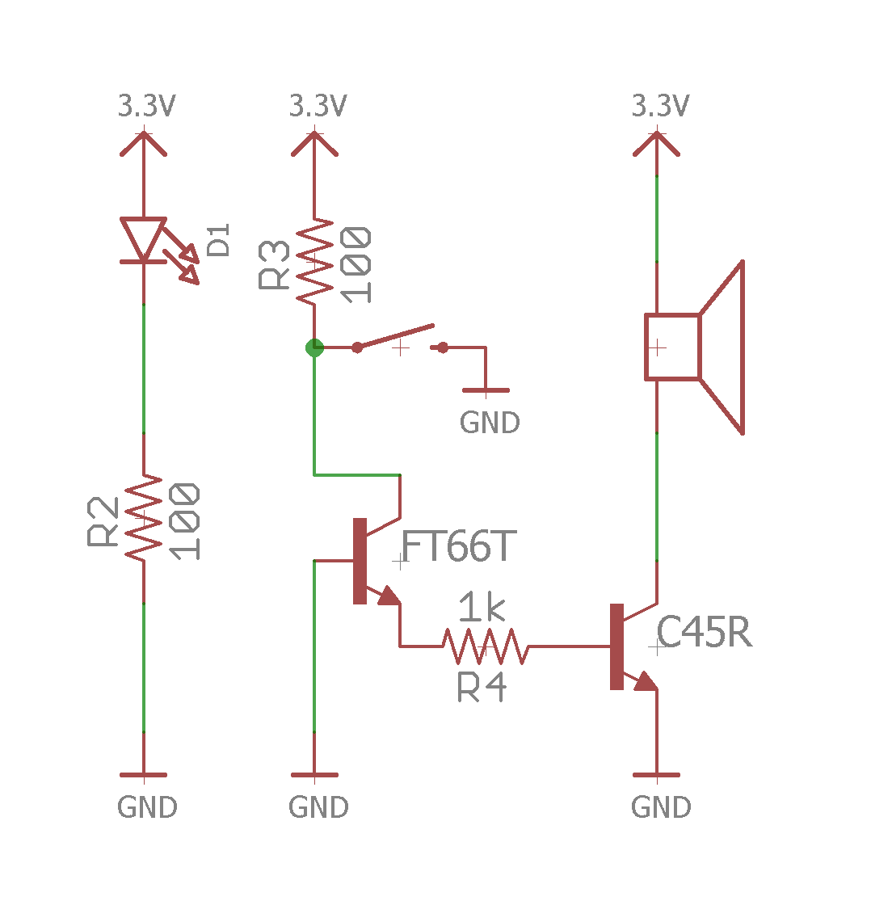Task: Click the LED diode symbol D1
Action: click(144, 240)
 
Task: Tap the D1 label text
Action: click(219, 240)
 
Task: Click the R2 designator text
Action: click(103, 522)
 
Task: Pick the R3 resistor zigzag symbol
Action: click(314, 261)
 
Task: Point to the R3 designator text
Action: click(275, 265)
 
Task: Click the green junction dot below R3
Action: click(314, 348)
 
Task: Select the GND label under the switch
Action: click(489, 423)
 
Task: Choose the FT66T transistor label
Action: click(458, 547)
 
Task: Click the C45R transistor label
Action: click(704, 632)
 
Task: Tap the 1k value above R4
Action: click(482, 608)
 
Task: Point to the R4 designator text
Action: click(482, 688)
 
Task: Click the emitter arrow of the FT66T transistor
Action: click(389, 596)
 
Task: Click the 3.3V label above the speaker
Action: click(660, 106)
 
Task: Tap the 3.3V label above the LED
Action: click(147, 106)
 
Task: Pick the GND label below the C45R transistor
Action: click(660, 807)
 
